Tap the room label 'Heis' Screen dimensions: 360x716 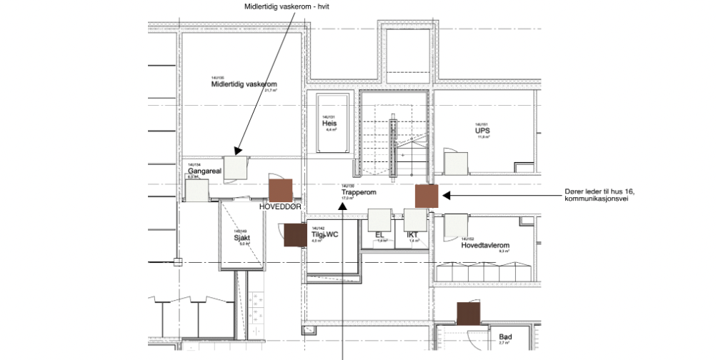pos(329,123)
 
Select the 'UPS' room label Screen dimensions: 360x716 pos(482,131)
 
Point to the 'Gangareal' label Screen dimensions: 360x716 pos(203,171)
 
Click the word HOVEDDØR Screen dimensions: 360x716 pos(281,206)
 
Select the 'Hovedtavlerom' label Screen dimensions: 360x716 pos(489,244)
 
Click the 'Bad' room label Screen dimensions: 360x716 pos(505,336)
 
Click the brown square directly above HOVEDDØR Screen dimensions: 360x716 pos(281,190)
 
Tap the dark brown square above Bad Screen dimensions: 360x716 pos(469,313)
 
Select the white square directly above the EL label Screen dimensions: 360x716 pos(379,219)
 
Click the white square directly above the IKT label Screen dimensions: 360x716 pos(414,219)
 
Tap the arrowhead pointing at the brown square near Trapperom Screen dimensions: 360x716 pos(444,194)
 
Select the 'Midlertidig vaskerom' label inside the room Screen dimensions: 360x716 pos(238,84)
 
